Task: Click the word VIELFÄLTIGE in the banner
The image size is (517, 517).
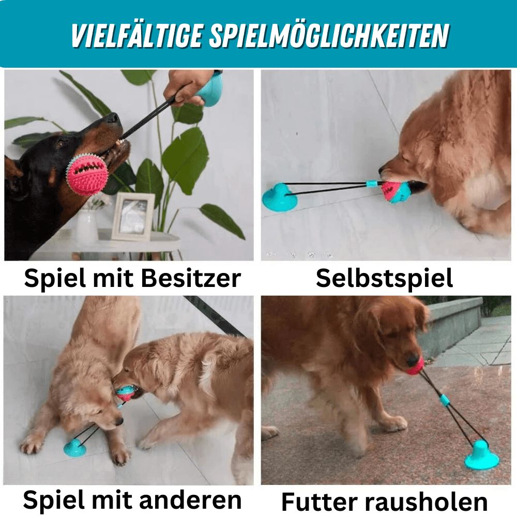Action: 136,35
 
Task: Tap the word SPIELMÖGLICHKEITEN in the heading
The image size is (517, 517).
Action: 329,35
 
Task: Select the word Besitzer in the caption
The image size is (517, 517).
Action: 191,279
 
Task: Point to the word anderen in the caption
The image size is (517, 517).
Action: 191,500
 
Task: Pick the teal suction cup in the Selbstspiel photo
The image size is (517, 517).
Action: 279,197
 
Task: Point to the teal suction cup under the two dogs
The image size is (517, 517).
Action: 75,447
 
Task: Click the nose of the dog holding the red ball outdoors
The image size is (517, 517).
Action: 412,359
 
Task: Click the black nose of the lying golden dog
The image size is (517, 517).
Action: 119,421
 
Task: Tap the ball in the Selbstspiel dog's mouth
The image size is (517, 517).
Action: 392,191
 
